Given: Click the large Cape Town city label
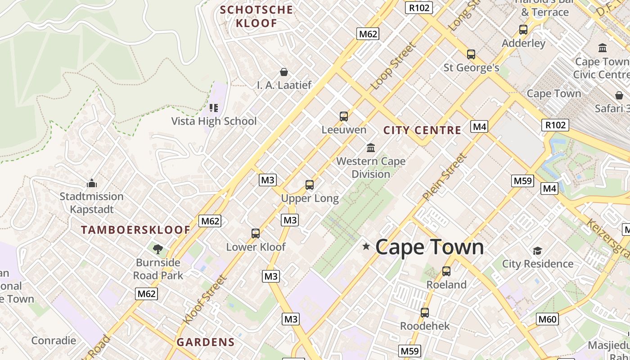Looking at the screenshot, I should [x=429, y=247].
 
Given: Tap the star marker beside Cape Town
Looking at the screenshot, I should [x=366, y=246].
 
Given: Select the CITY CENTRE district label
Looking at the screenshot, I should [x=422, y=130].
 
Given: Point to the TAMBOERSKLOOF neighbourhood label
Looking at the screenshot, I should [x=135, y=230].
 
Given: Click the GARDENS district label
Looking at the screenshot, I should [x=206, y=342].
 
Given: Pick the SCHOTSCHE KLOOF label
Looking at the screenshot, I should [x=256, y=16].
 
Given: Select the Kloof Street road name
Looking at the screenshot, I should [x=205, y=300].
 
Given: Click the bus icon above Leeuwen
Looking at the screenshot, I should [x=344, y=117].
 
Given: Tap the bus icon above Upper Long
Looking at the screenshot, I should [x=310, y=184].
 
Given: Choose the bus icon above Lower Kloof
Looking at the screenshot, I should [x=256, y=234].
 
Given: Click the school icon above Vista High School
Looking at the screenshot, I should [x=214, y=108].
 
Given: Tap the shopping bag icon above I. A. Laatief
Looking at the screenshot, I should [x=284, y=72].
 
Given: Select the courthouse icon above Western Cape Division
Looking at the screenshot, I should [x=371, y=148].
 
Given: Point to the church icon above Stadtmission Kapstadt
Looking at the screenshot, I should [x=92, y=183].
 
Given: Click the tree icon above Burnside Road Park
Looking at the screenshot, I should [x=158, y=249].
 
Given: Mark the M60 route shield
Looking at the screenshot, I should [x=548, y=319].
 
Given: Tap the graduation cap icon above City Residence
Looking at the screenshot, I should [x=537, y=251].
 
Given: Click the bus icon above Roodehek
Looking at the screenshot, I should [x=425, y=312].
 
